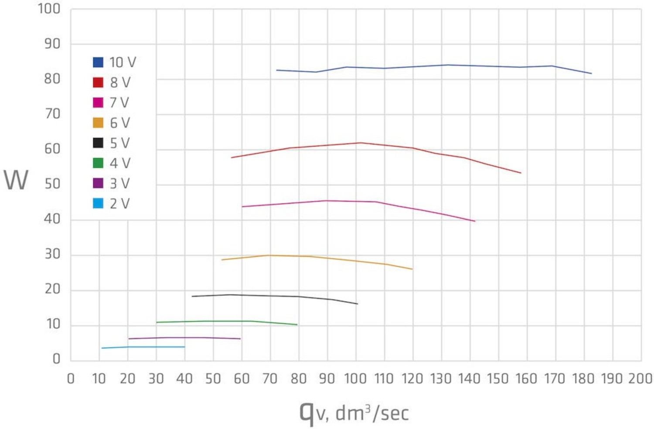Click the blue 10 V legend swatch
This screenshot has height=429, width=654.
98,62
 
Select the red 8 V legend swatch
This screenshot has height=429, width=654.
98,82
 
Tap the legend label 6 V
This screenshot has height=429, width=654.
119,123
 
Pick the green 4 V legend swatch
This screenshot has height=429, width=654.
98,163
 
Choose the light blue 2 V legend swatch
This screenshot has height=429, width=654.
98,203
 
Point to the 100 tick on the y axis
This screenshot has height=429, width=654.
49,9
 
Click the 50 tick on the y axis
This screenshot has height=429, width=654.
52,184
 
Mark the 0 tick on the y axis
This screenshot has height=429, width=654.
56,359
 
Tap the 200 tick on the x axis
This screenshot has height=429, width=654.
640,379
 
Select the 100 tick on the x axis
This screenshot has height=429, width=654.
355,379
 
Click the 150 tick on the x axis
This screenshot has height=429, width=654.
498,379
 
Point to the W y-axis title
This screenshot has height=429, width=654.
16,180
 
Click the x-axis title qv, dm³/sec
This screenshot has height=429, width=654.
354,413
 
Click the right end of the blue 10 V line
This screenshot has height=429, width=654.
591,73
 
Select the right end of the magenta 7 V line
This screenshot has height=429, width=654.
475,221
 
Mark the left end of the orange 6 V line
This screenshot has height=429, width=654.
222,260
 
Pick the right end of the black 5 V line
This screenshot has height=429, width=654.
358,304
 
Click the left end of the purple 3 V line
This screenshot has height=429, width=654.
129,339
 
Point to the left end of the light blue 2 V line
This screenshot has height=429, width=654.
102,348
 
